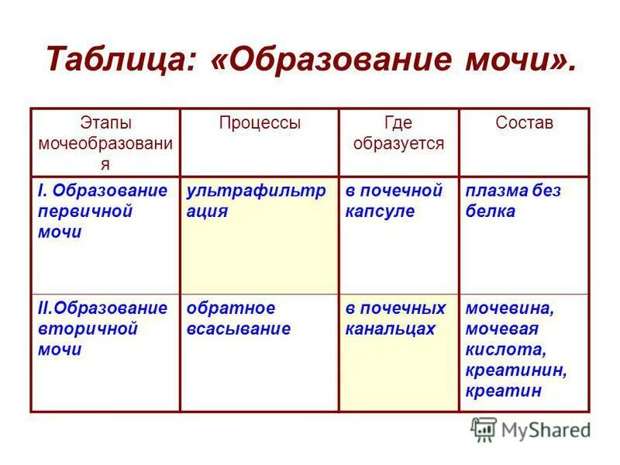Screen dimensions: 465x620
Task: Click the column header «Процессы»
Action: pos(260,122)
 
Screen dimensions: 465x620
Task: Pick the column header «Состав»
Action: pos(525,122)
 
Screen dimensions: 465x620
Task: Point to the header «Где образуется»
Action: pos(398,133)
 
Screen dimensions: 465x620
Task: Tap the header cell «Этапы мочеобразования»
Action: pos(105,143)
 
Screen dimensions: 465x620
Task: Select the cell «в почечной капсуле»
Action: pos(394,201)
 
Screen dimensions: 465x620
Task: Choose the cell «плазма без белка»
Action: pos(513,201)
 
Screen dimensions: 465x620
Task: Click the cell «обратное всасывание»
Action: pos(238,319)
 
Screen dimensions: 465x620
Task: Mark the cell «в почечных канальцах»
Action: pos(395,319)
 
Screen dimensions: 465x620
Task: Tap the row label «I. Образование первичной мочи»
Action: pos(102,211)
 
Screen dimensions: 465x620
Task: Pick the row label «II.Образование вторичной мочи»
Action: pos(102,329)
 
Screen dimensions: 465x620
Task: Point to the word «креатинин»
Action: pos(516,370)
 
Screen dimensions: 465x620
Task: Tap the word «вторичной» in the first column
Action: pos(88,329)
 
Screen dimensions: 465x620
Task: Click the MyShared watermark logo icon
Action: pos(484,429)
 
